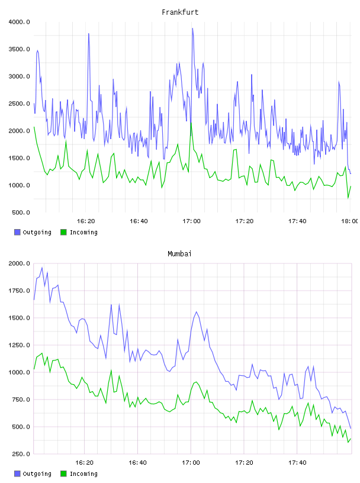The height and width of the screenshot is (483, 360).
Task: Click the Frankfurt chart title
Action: click(180, 12)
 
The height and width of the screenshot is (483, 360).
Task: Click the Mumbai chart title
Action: click(179, 253)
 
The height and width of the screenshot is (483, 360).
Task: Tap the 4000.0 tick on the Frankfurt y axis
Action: click(19, 22)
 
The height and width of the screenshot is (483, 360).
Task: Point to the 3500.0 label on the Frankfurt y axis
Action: click(19, 49)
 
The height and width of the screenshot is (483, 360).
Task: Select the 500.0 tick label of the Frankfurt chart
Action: click(21, 212)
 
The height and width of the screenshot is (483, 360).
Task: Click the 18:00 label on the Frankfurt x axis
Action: click(350, 221)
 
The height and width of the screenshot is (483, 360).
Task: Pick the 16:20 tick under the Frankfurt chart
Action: click(86, 221)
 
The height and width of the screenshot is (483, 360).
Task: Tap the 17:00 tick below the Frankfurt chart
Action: click(191, 221)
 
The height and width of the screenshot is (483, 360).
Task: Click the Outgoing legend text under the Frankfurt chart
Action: click(37, 232)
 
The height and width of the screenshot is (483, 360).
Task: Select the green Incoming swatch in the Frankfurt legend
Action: click(63, 232)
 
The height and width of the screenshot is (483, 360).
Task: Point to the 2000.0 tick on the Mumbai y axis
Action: click(19, 263)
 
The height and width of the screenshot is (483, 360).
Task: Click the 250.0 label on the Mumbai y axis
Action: click(21, 454)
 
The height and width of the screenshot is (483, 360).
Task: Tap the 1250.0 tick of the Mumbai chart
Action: click(19, 345)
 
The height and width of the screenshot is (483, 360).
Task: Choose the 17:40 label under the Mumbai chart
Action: click(297, 463)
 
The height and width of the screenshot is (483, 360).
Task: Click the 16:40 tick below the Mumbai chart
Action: click(137, 463)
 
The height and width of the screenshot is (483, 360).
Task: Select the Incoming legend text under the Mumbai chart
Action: click(83, 474)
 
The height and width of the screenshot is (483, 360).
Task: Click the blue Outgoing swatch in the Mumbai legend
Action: click(17, 474)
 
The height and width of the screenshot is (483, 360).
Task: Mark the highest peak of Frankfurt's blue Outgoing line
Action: click(192, 28)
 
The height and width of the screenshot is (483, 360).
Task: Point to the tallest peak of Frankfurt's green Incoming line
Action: click(191, 123)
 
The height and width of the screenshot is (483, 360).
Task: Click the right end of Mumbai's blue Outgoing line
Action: click(351, 428)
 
